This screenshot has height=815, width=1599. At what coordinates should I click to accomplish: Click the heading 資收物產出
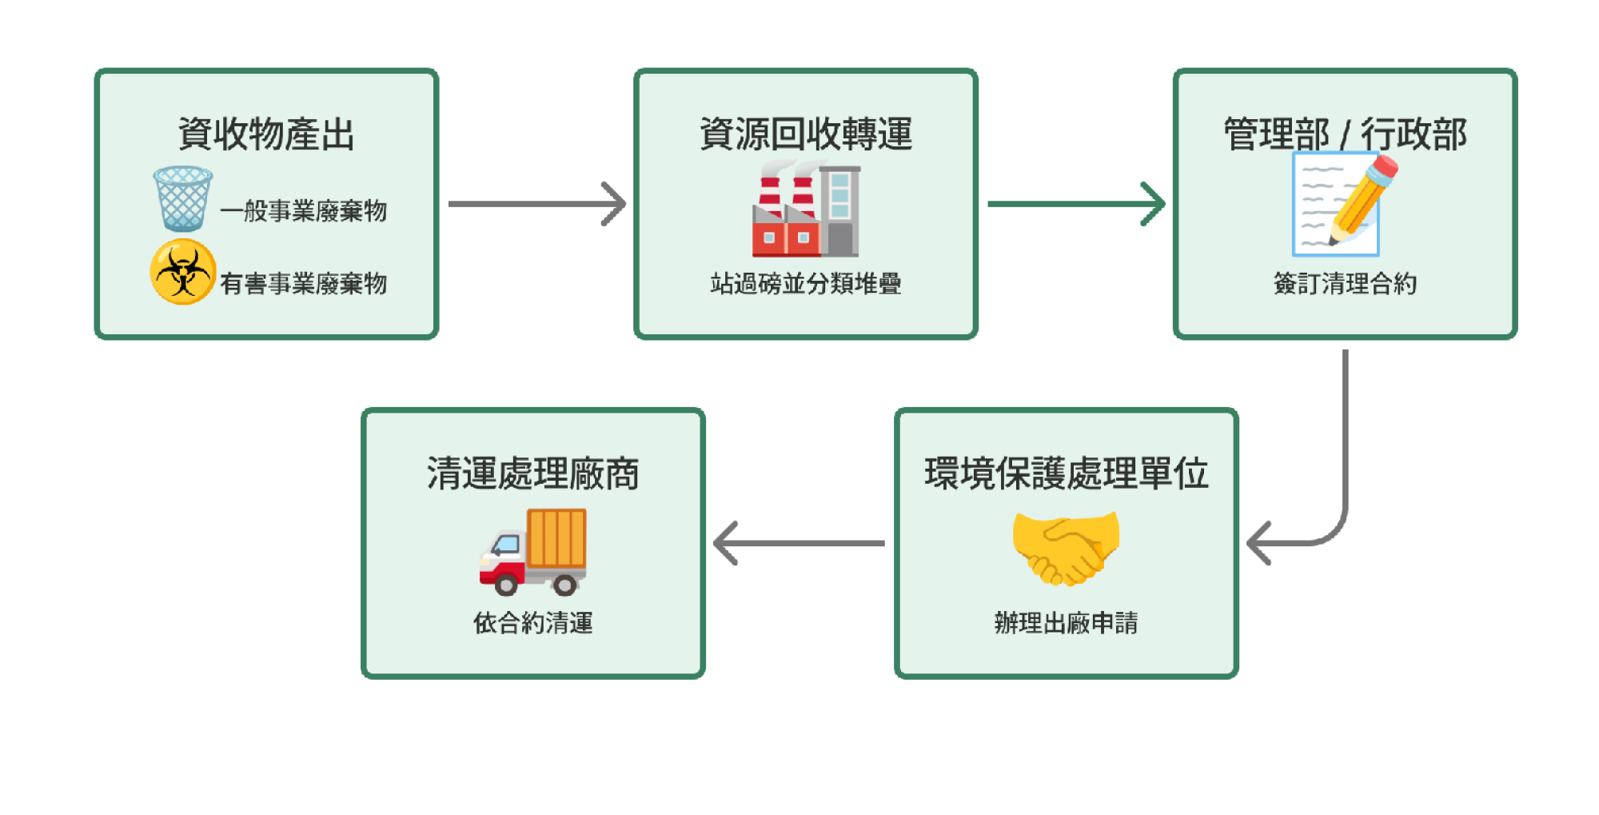(266, 134)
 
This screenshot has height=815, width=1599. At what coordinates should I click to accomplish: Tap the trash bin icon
(182, 198)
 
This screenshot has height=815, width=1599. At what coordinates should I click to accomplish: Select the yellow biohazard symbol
(183, 272)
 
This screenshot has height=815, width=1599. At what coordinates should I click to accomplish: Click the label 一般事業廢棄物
(304, 211)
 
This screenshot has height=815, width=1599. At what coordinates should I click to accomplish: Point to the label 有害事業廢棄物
(304, 283)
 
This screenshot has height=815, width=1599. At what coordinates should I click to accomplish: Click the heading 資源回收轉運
(806, 134)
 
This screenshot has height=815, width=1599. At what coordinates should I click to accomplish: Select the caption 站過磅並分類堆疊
(806, 283)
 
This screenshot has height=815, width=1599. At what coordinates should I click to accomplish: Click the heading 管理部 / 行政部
(1345, 134)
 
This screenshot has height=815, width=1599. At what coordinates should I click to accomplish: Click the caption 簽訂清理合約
(1345, 283)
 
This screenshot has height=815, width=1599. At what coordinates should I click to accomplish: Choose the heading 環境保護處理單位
(1067, 473)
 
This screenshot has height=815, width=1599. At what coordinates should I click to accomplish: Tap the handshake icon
(1066, 549)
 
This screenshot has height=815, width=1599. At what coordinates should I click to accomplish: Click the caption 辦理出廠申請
(1067, 622)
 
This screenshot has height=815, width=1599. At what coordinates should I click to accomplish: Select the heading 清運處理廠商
(533, 473)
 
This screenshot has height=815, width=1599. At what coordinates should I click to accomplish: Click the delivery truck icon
(533, 552)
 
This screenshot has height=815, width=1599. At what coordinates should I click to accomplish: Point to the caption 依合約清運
(533, 622)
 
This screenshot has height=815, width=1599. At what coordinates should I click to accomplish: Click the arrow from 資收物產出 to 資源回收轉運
(536, 204)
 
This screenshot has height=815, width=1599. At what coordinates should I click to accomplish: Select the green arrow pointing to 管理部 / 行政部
(1075, 204)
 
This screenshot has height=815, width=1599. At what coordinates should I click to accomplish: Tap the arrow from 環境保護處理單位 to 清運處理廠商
(799, 543)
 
